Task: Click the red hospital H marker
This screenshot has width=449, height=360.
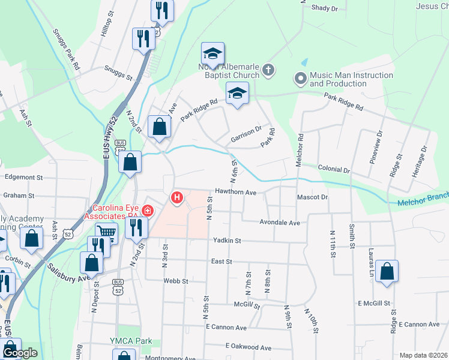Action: [177, 197]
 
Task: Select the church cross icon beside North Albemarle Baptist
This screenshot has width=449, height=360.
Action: [268, 71]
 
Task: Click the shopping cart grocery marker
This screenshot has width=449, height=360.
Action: [106, 232]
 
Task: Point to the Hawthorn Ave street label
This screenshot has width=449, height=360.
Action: [236, 193]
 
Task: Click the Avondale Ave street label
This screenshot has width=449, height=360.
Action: [279, 222]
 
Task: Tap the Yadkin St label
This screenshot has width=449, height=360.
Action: [226, 241]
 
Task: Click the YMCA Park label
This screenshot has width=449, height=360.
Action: [135, 341]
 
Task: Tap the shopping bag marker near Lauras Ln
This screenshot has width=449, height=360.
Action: [388, 271]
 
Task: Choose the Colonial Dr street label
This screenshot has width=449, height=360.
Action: [334, 170]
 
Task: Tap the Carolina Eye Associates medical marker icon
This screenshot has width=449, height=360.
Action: [147, 211]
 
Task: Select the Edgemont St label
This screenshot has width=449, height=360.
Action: [23, 178]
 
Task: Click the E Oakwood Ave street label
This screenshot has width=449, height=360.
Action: [249, 347]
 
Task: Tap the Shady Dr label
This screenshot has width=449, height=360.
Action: [325, 8]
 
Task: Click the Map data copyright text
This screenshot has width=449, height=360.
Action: [423, 355]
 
